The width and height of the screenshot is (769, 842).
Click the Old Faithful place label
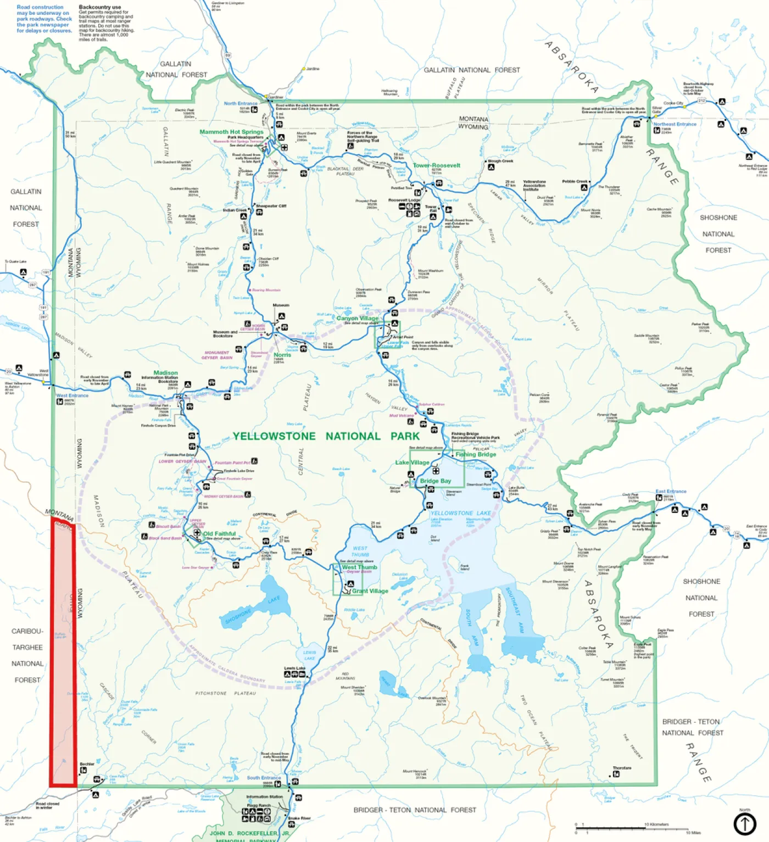(x=219, y=533)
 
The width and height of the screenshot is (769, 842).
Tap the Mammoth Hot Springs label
(x=231, y=132)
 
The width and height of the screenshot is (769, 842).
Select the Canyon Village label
(x=357, y=318)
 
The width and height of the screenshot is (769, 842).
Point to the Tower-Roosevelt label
(x=436, y=165)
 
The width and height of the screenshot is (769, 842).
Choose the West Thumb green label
(x=359, y=567)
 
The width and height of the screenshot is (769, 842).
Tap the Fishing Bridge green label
(x=475, y=454)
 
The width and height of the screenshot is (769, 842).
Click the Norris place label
(x=282, y=355)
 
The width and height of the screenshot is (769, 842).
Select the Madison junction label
(x=165, y=372)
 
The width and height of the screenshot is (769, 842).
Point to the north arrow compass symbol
(x=745, y=824)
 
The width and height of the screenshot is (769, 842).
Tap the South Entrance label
(x=264, y=778)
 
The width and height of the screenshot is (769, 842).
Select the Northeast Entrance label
(x=675, y=124)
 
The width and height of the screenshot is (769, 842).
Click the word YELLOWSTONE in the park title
(x=274, y=436)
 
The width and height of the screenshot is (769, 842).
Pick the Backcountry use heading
(x=99, y=7)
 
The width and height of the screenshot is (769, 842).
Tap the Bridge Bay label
(x=435, y=481)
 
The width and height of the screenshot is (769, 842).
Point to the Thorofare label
(x=622, y=768)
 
